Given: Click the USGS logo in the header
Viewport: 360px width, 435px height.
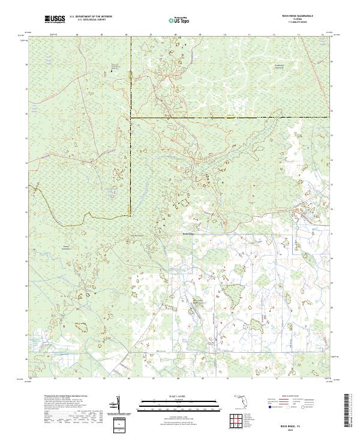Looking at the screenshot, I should (55, 20).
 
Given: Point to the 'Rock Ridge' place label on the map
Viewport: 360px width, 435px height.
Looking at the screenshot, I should (188, 234).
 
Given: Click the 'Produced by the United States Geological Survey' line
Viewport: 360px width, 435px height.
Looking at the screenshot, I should (62, 397).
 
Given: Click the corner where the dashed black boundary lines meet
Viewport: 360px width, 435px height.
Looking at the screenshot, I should (131, 118).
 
